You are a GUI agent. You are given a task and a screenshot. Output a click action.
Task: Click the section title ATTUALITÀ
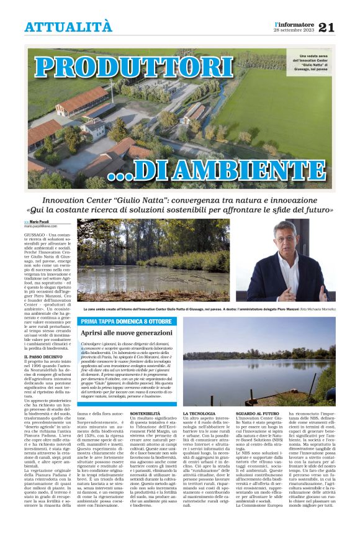coord(68,27)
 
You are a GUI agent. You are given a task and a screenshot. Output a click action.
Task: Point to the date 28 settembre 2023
coord(294,30)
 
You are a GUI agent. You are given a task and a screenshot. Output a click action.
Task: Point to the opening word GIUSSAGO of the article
coord(35,235)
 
